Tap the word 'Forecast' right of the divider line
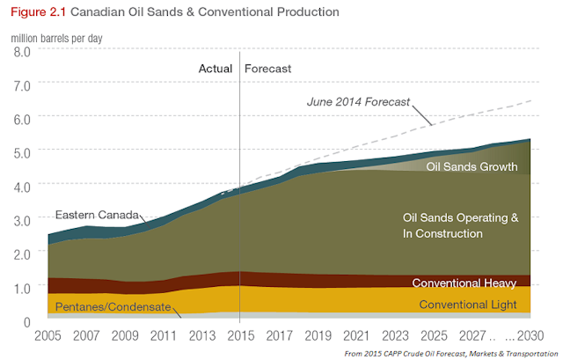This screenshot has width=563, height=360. click(x=267, y=68)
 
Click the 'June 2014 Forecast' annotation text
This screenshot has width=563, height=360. click(x=358, y=101)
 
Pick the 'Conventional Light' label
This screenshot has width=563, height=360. click(x=468, y=305)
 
